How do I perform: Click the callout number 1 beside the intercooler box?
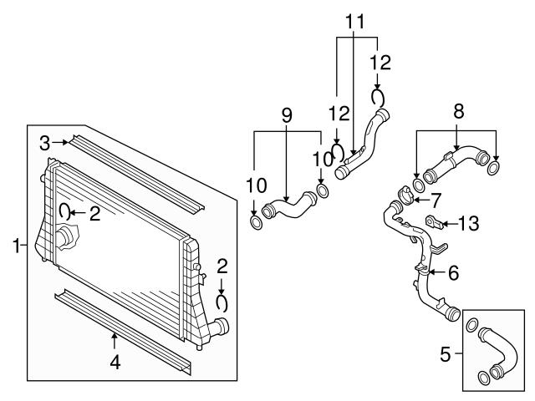(16, 246)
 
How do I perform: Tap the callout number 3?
(44, 143)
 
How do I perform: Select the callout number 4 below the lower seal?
(115, 362)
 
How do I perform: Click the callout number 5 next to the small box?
(446, 354)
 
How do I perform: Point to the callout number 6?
(454, 273)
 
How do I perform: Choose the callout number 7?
(436, 200)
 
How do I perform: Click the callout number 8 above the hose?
(459, 111)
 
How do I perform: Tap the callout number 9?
(287, 115)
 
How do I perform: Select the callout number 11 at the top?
(355, 22)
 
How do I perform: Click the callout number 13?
(468, 223)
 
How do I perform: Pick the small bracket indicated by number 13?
(435, 222)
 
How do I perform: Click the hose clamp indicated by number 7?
(406, 195)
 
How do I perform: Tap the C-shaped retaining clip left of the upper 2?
(64, 211)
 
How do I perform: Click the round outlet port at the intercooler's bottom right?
(222, 327)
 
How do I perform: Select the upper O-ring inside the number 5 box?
(471, 325)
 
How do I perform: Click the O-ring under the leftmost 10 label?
(257, 222)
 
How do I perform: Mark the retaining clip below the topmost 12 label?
(378, 98)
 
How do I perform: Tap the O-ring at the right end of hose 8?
(493, 169)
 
